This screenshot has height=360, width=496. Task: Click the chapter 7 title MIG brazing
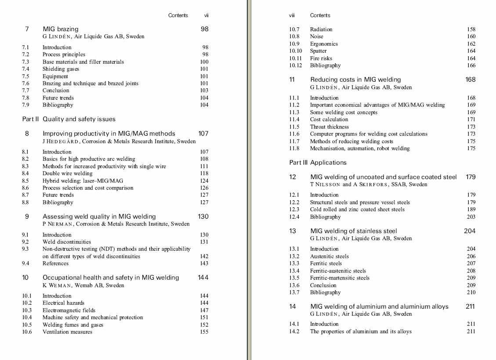click(x=60, y=29)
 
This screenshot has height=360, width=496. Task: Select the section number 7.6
click(x=25, y=83)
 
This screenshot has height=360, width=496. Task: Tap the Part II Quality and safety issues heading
click(x=69, y=119)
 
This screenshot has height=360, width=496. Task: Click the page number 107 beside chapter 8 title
click(x=203, y=133)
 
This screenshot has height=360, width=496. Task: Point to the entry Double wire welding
click(x=67, y=173)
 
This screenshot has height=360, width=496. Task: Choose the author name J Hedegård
click(x=61, y=141)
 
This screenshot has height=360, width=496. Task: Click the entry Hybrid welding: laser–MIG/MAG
click(x=83, y=181)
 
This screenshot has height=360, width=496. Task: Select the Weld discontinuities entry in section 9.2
click(x=66, y=242)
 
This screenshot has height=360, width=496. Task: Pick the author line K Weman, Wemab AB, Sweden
click(x=83, y=285)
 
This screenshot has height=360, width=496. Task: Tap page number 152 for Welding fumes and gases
click(x=204, y=325)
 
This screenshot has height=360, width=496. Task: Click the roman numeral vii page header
click(x=206, y=15)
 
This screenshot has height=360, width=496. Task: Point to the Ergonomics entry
click(x=324, y=44)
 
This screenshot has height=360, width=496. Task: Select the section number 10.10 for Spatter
click(x=295, y=51)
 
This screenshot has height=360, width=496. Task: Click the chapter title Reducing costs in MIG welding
click(x=355, y=79)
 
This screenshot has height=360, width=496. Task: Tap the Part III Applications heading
click(x=318, y=162)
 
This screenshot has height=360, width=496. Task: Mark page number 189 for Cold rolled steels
click(x=471, y=209)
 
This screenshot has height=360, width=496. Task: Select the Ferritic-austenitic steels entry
click(x=338, y=271)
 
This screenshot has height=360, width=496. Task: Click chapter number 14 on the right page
click(x=292, y=306)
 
